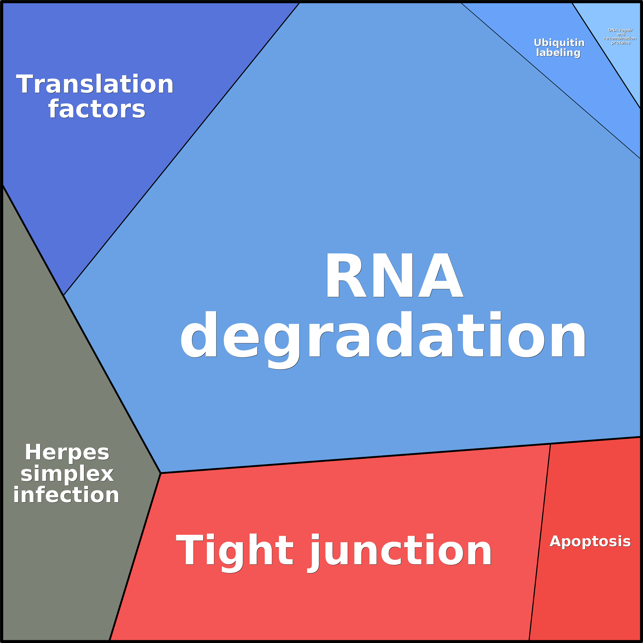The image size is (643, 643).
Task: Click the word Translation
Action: point(95,84)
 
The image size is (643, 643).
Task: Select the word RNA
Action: point(395,276)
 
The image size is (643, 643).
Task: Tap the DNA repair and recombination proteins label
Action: point(620,36)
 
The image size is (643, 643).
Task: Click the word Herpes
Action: point(67,452)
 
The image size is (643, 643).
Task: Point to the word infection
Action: point(66,495)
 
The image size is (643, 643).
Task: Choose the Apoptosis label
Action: point(590,541)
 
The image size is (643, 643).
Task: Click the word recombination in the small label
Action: point(620,38)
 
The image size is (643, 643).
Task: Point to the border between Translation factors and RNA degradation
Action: point(181,149)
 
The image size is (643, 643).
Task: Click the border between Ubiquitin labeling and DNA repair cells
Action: point(606,56)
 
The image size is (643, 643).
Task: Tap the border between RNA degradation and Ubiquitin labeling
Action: point(551,81)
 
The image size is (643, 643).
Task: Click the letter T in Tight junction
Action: point(189,549)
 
